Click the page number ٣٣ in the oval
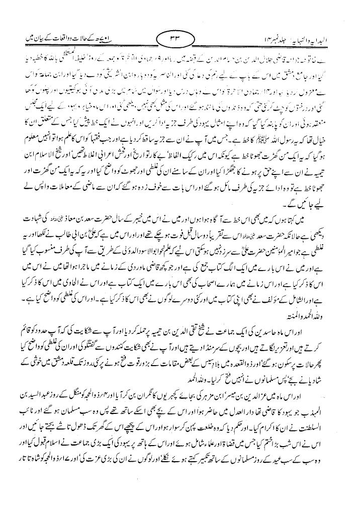click(179, 38)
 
